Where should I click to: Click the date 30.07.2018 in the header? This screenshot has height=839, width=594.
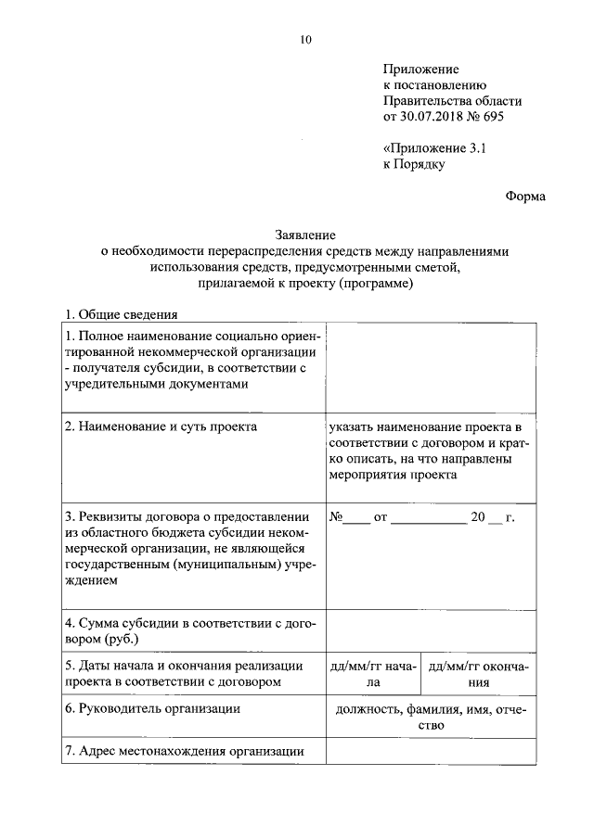pyautogui.click(x=433, y=117)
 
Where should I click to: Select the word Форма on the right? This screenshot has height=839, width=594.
pyautogui.click(x=526, y=196)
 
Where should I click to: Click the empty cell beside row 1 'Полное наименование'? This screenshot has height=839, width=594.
pyautogui.click(x=430, y=367)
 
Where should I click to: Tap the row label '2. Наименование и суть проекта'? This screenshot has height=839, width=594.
pyautogui.click(x=161, y=426)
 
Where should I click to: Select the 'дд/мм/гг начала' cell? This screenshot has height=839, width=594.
pyautogui.click(x=373, y=674)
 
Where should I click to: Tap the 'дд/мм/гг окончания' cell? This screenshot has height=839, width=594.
pyautogui.click(x=478, y=674)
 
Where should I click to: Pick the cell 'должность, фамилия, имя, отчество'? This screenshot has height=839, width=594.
pyautogui.click(x=430, y=718)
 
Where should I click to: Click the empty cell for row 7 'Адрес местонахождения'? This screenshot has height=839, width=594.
pyautogui.click(x=430, y=752)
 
